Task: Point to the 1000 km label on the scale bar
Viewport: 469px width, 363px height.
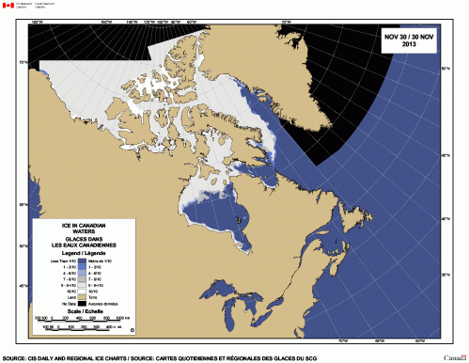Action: [x=130, y=319]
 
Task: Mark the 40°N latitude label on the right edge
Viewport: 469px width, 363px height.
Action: [x=445, y=218]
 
